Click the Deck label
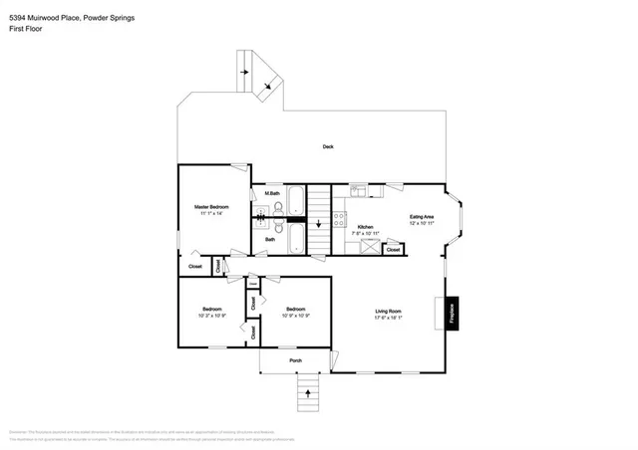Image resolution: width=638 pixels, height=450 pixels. [327, 147]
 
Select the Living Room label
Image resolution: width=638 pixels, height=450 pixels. [388, 313]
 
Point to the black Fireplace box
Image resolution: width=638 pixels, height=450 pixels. [451, 313]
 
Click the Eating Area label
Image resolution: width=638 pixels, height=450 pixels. [422, 216]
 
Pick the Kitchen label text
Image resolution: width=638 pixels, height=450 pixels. [365, 227]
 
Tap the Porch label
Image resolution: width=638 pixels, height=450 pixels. [294, 359]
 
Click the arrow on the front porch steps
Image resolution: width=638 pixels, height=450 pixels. [307, 393]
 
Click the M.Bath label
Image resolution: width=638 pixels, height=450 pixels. [271, 192]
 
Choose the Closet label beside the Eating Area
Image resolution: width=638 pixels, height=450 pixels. [393, 249]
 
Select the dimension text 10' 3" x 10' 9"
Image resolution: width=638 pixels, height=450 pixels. [211, 316]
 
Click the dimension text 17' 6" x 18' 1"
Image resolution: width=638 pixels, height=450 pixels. [388, 320]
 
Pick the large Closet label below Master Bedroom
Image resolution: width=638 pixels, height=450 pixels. [195, 266]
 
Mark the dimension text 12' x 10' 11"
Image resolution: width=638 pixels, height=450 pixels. [422, 223]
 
